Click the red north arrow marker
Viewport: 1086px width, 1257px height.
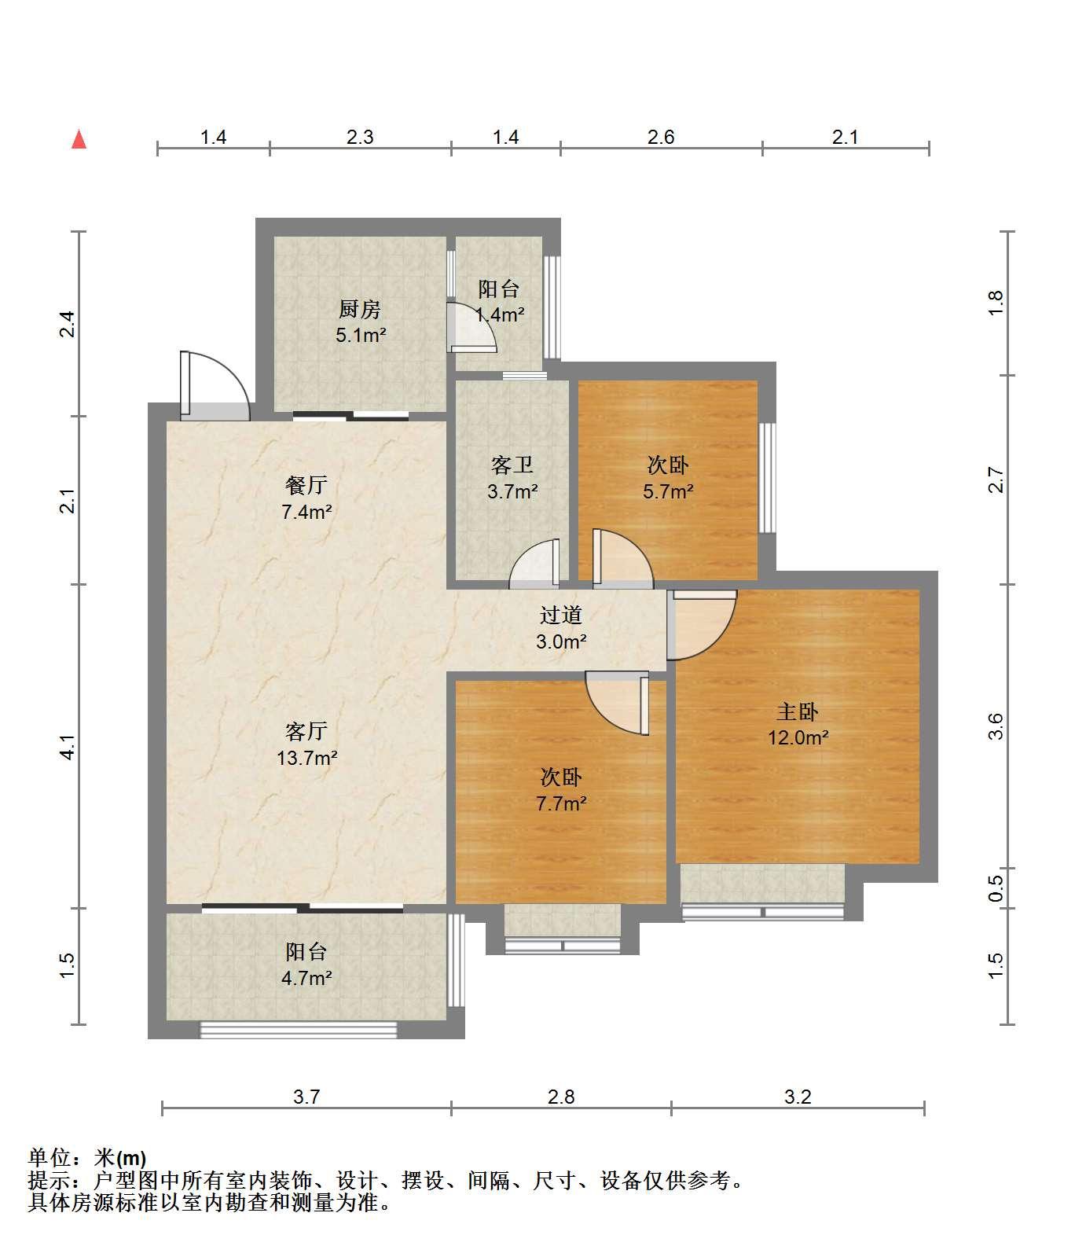pos(79,139)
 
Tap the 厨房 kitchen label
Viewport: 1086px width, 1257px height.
pos(360,309)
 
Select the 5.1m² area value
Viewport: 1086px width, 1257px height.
pos(361,336)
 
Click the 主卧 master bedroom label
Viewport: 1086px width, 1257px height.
pos(797,711)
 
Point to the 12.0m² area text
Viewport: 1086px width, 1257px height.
pos(798,737)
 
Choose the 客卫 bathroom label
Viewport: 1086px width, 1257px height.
pos(512,465)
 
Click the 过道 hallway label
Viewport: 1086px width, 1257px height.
pos(561,615)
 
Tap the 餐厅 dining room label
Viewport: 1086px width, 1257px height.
pos(306,485)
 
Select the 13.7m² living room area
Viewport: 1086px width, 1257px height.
pos(306,758)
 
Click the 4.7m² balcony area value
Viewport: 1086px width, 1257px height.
pos(306,978)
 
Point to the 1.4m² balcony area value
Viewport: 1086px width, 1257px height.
pos(500,315)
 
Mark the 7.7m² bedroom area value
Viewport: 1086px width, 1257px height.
pos(561,803)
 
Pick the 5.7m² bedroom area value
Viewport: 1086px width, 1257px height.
pos(669,491)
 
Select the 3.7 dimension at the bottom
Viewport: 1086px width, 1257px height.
pos(306,1096)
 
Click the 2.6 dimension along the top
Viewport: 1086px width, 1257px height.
pos(661,137)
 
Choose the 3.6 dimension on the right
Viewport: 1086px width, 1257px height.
pos(996,726)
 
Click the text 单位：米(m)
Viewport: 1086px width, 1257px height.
pos(87,1158)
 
